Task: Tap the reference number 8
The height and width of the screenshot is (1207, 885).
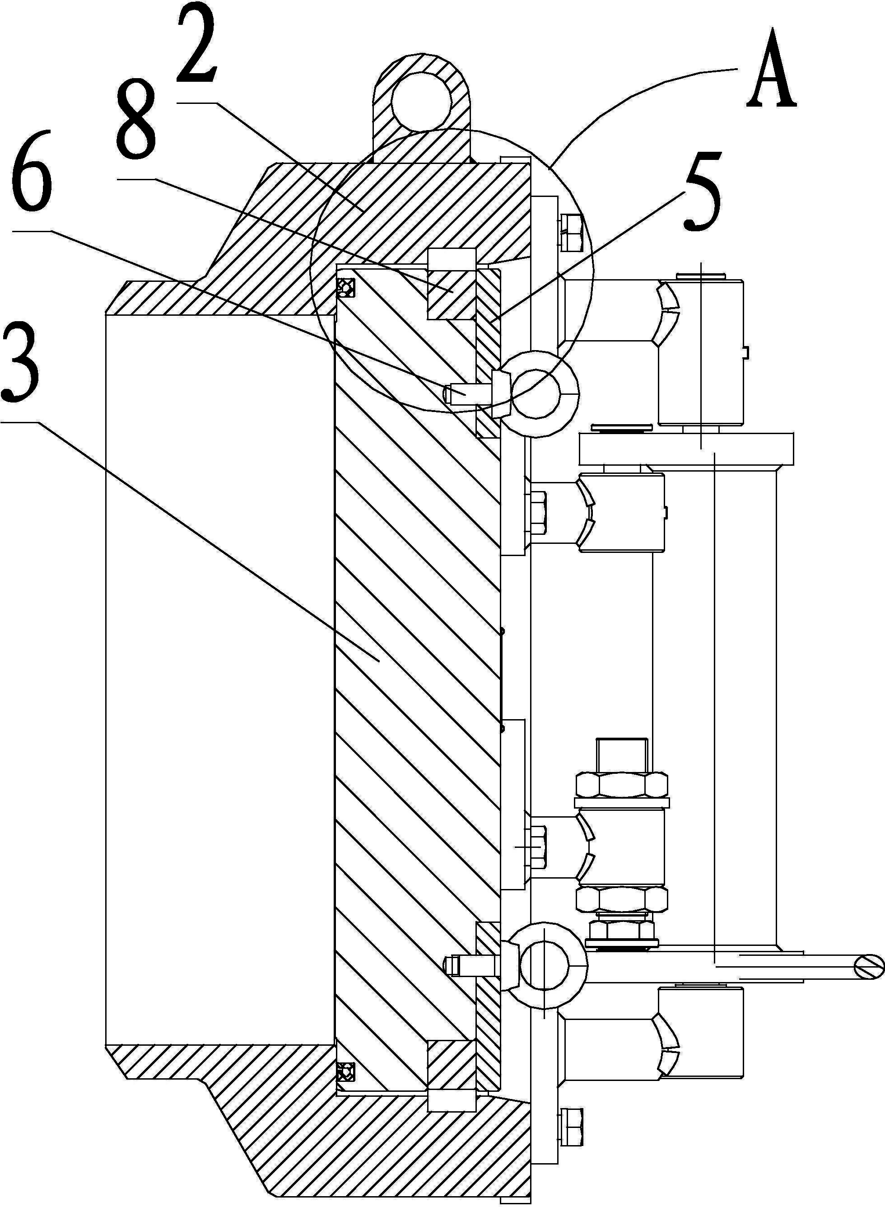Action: point(137,118)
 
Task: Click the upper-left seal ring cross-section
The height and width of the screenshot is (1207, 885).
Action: point(345,288)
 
